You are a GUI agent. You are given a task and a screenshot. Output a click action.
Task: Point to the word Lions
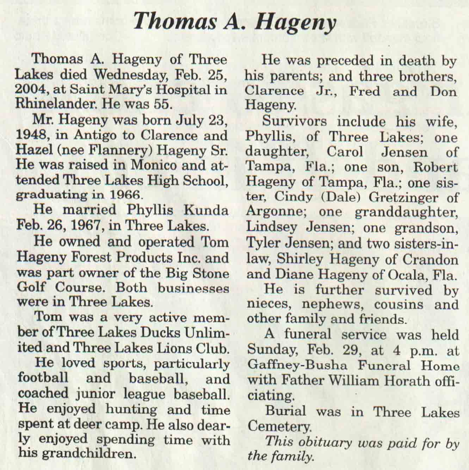tap(179, 348)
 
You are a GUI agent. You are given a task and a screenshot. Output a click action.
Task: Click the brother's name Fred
tap(365, 91)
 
